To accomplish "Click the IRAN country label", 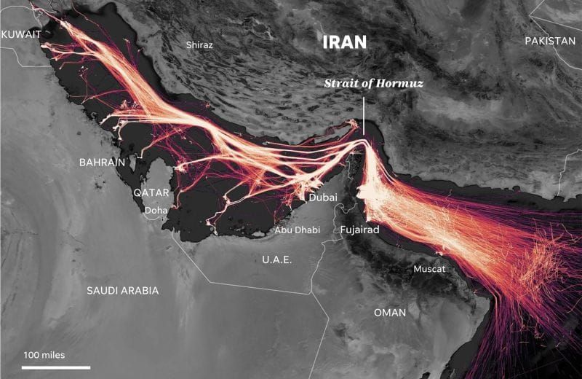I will (x=345, y=42).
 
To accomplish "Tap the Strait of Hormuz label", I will (x=373, y=83).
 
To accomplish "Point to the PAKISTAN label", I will (x=550, y=41).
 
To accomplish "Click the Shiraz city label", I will (x=199, y=44).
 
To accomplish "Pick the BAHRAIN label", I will (x=103, y=162).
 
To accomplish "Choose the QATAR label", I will (x=151, y=192).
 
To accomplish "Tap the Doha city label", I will (x=156, y=211).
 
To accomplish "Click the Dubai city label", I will (x=323, y=198).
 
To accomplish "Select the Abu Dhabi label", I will (x=297, y=230).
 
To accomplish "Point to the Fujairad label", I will (x=360, y=230).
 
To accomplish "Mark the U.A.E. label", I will (x=276, y=259).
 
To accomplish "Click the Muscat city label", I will (x=428, y=269).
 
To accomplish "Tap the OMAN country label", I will (x=390, y=312).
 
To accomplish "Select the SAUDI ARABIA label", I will (x=122, y=290).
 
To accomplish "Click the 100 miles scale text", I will (x=44, y=355).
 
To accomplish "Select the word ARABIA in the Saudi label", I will (x=140, y=290).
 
